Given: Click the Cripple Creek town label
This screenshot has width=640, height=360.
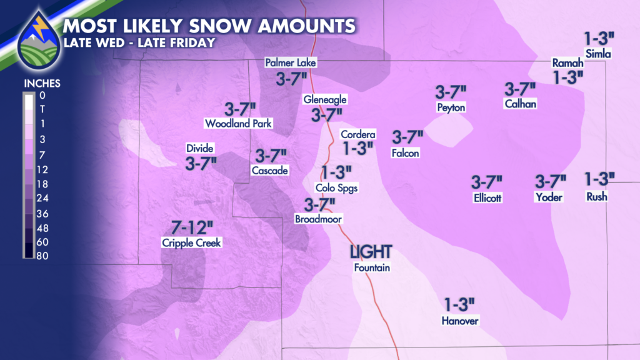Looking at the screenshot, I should (191, 243).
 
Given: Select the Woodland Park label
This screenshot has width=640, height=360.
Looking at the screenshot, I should (238, 124).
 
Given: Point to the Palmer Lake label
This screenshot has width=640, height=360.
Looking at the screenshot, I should (291, 62).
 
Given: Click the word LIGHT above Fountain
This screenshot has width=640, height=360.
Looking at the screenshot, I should (371, 252).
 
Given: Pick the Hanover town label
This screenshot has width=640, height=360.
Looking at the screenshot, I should (460, 321).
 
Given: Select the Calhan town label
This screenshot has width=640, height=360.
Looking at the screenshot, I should (520, 104).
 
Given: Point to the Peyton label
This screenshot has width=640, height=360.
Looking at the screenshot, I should (451, 107).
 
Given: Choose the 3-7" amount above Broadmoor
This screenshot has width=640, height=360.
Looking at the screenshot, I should (319, 204).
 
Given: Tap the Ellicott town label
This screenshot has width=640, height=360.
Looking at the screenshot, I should (488, 198).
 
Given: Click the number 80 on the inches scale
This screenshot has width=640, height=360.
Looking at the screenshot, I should (43, 256).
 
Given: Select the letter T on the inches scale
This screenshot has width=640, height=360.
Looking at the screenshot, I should (41, 109).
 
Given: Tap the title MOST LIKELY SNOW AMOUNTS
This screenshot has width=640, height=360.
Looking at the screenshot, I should (209, 26).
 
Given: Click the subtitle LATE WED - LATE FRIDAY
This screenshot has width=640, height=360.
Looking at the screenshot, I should (139, 42).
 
